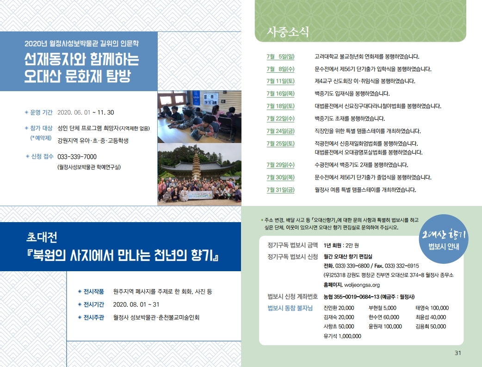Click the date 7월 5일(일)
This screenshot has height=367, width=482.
pos(280,56)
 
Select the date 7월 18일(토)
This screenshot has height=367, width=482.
pos(280,106)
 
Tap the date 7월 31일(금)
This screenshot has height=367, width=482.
pos(280,190)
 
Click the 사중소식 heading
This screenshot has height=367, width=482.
pos(288,31)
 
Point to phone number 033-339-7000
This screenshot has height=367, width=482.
pos(77,157)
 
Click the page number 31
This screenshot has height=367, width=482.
pos(458,353)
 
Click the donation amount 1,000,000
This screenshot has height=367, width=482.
pos(350,336)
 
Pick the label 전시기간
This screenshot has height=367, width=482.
pos(94,305)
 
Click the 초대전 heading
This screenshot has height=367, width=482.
pos(42,237)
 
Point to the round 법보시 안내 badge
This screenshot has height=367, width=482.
pos(444,239)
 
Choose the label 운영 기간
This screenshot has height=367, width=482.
pos(41,112)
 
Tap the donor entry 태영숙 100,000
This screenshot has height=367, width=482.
pos(432,308)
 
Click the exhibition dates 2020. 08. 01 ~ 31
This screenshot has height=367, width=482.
pos(136,305)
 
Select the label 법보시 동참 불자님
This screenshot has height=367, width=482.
pos(290,308)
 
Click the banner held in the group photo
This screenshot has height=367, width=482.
pos(200,195)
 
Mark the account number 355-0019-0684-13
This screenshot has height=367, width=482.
pos(356,297)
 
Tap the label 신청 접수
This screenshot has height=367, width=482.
pos(42,156)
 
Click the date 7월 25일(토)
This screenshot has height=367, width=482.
pos(280,143)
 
